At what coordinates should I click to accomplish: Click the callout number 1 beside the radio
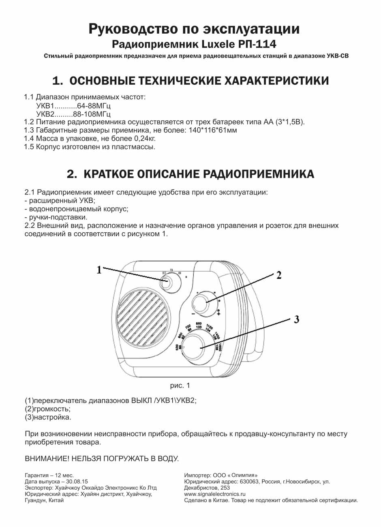99,270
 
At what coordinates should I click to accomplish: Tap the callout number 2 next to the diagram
279,275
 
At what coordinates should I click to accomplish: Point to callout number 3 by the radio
296,319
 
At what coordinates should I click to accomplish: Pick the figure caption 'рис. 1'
180,386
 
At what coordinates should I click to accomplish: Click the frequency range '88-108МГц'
92,114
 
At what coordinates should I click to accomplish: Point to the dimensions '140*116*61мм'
213,130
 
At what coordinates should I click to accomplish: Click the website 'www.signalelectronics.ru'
215,494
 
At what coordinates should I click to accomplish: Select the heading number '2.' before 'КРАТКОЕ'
73,174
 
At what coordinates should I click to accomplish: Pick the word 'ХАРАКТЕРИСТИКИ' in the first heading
276,80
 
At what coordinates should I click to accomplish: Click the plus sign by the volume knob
218,314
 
